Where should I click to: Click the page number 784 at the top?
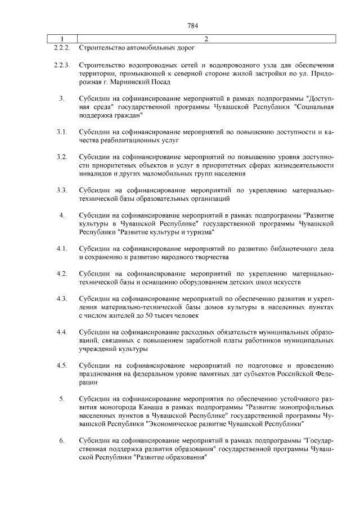[x=192, y=25]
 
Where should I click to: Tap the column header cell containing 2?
[x=206, y=39]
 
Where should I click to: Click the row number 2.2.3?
[x=61, y=66]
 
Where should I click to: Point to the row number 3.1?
[x=62, y=132]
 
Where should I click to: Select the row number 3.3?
[x=62, y=190]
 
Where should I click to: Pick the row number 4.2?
[x=62, y=273]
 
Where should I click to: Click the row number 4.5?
[x=62, y=366]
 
